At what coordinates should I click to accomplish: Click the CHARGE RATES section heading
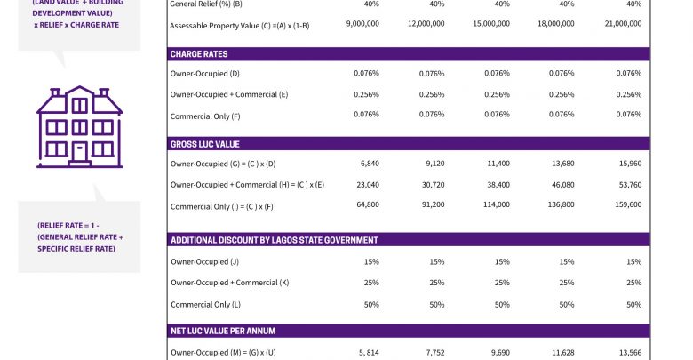(x=198, y=54)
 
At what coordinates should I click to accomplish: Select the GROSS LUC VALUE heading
(x=204, y=144)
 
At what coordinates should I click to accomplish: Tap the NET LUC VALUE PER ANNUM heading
(x=223, y=331)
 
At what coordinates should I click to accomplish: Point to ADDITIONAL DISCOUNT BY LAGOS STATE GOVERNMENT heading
(x=274, y=240)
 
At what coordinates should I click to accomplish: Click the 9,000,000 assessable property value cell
(x=362, y=24)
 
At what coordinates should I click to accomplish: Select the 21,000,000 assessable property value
(x=622, y=24)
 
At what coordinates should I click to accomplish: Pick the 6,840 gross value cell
(x=370, y=164)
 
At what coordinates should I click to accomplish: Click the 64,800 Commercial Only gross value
(x=367, y=204)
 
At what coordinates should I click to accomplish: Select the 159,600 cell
(x=625, y=204)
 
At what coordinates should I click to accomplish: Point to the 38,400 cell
(x=498, y=184)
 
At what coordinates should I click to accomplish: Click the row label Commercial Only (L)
(x=205, y=304)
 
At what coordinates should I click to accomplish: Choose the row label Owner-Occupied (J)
(x=205, y=262)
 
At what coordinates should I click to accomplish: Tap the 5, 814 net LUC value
(x=368, y=352)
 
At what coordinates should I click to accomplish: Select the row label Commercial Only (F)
(x=205, y=115)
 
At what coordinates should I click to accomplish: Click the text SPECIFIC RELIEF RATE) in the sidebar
(x=76, y=248)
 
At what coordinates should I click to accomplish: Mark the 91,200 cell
(x=432, y=204)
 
